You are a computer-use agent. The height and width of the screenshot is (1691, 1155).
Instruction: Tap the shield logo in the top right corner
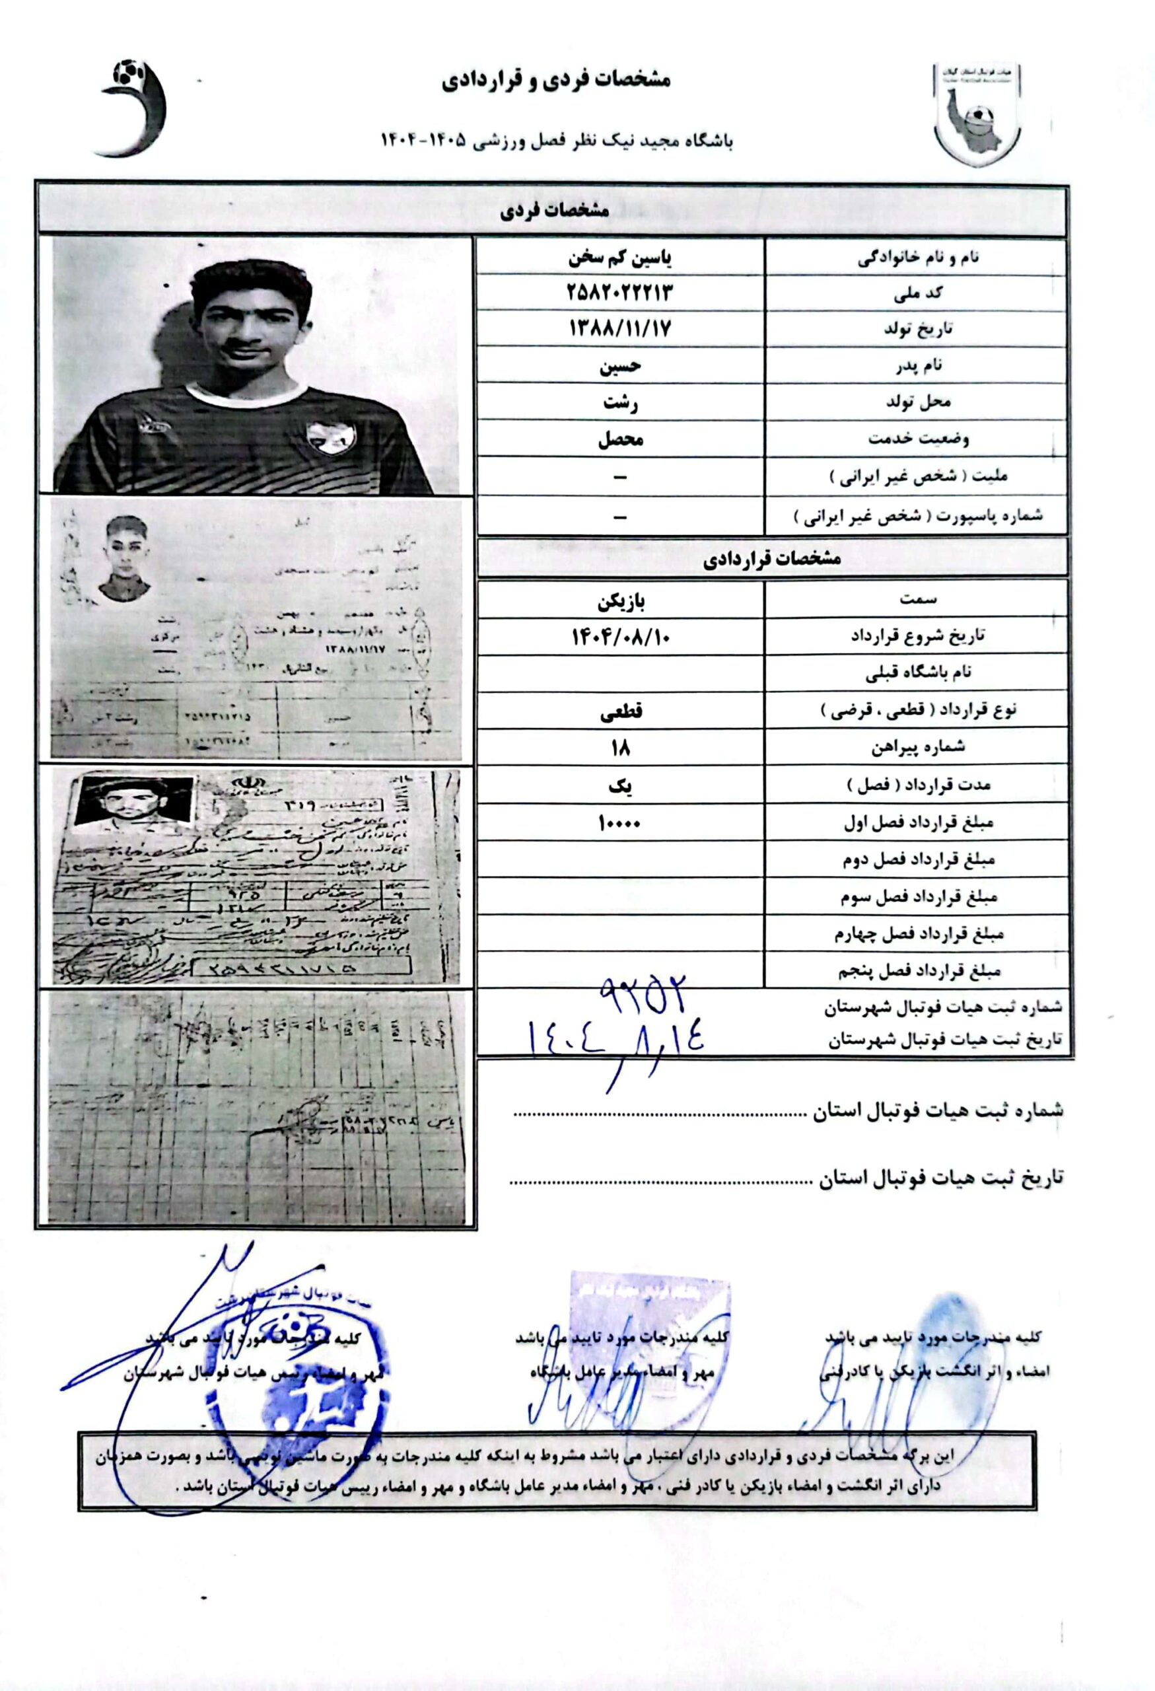pyautogui.click(x=977, y=115)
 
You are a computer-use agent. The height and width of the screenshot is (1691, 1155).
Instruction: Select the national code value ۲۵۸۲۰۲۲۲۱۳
pyautogui.click(x=619, y=293)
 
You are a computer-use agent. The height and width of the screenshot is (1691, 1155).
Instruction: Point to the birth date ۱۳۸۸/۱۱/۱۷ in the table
pyautogui.click(x=619, y=329)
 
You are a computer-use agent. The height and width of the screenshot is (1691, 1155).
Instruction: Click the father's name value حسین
pyautogui.click(x=619, y=365)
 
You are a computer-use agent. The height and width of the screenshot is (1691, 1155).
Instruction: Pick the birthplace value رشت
pyautogui.click(x=619, y=402)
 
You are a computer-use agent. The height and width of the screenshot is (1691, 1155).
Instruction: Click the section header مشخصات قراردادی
pyautogui.click(x=772, y=559)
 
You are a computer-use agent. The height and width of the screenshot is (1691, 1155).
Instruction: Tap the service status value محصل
pyautogui.click(x=619, y=439)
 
